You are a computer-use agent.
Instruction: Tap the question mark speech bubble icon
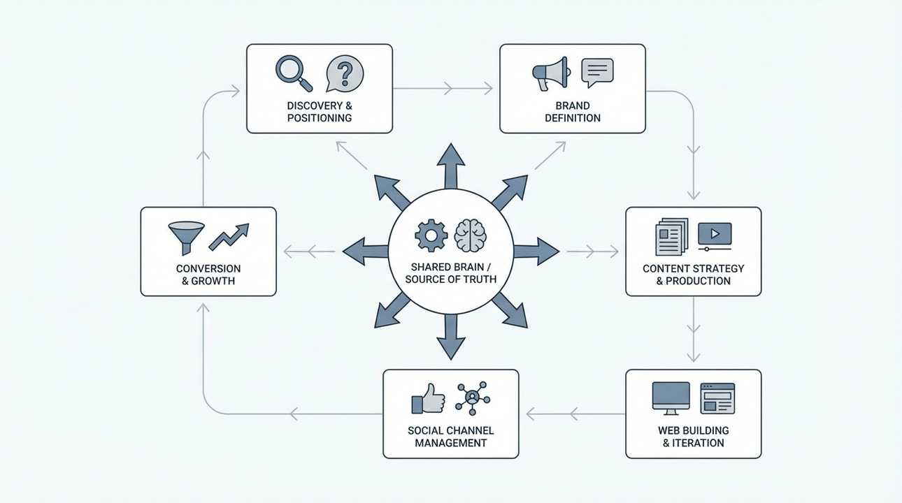click(x=344, y=73)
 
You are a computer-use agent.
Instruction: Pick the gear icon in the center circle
click(x=431, y=236)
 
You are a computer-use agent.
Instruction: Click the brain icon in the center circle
click(x=470, y=236)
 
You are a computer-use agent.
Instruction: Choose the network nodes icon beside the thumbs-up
click(x=473, y=398)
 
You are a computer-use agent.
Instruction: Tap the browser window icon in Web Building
click(x=717, y=397)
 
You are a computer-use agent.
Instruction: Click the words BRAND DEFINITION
click(x=573, y=112)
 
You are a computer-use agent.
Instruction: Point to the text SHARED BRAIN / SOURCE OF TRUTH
click(x=451, y=273)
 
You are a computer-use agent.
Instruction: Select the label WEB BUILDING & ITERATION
click(x=693, y=437)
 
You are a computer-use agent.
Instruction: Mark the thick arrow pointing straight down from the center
click(x=451, y=337)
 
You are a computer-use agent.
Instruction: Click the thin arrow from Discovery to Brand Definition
click(x=445, y=89)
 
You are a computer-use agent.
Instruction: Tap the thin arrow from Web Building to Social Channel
click(x=573, y=414)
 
